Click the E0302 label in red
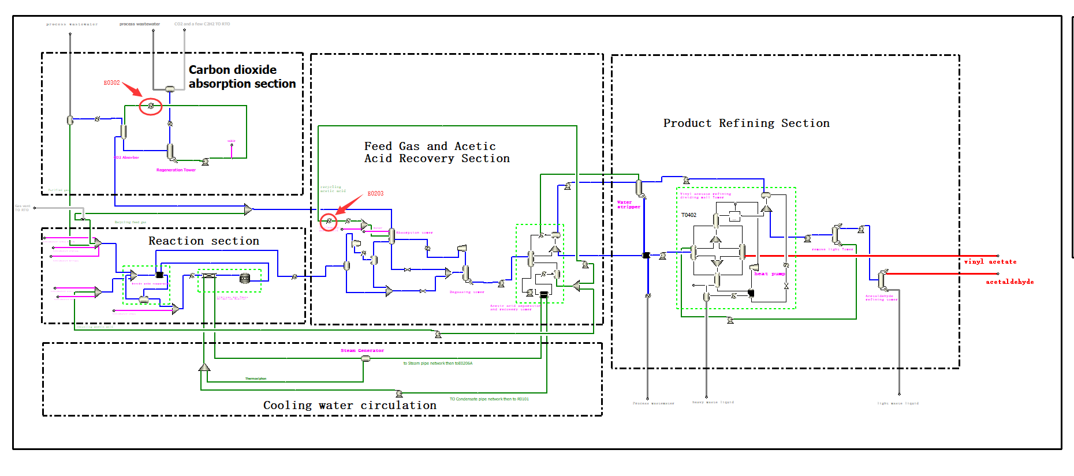111,83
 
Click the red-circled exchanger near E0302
151,106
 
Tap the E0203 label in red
375,194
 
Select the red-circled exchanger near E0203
329,222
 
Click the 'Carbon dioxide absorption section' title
242,77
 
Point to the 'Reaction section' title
203,241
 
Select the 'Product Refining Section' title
746,123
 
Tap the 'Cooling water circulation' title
349,406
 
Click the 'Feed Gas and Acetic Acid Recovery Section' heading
437,153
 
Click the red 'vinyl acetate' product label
990,262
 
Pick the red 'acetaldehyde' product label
1009,282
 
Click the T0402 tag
689,215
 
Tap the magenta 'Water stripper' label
628,205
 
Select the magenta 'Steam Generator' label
362,351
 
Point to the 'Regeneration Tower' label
176,170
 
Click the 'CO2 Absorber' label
126,158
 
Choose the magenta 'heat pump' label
769,274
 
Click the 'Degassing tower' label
467,293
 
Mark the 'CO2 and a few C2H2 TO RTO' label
202,24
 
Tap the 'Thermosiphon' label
256,379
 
